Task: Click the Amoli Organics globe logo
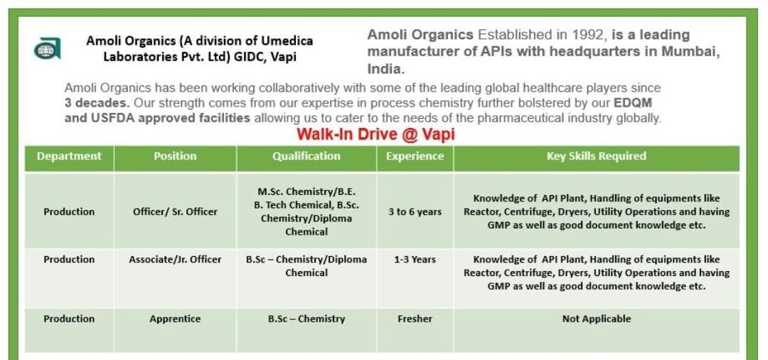[x=48, y=49]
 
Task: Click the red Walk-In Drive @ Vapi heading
[x=375, y=134]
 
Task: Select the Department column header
[x=69, y=157]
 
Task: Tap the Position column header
[x=175, y=157]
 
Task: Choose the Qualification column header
[x=306, y=157]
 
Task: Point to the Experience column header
[x=415, y=157]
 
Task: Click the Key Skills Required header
[x=596, y=157]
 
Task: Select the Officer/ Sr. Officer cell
[x=175, y=211]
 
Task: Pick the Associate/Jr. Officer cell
[x=175, y=260]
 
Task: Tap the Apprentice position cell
[x=175, y=319]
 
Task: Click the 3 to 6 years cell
[x=415, y=211]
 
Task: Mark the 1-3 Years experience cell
[x=415, y=260]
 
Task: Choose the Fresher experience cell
[x=415, y=319]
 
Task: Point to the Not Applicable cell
[x=596, y=319]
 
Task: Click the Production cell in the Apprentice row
[x=69, y=319]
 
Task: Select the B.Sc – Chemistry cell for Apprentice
[x=306, y=319]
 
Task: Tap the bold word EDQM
[x=632, y=102]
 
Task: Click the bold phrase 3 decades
[x=97, y=102]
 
